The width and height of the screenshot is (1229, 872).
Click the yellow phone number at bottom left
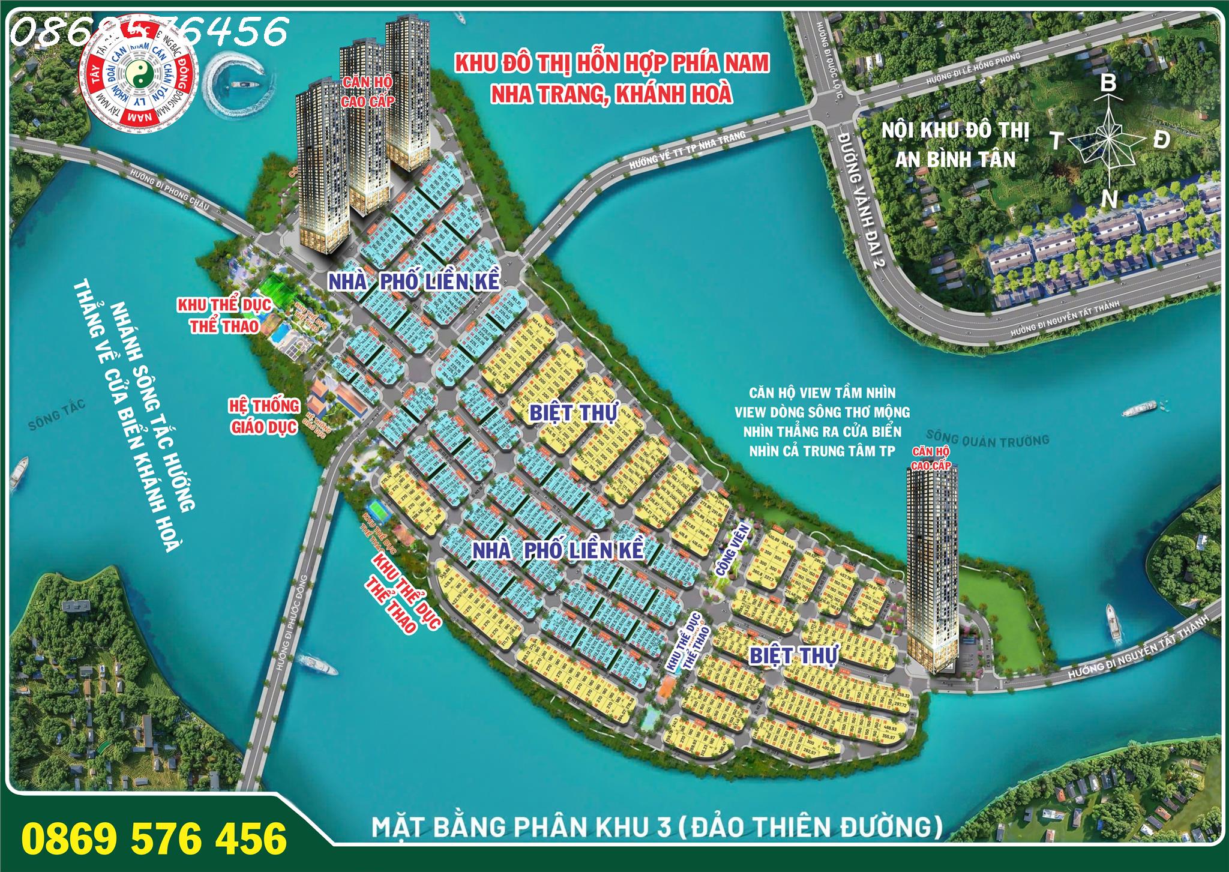154,838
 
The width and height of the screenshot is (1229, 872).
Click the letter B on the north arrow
1107,83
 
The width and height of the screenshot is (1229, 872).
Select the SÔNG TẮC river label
57,414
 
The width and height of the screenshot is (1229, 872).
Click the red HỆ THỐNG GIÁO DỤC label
264,416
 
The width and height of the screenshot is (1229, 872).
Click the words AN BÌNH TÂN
955,160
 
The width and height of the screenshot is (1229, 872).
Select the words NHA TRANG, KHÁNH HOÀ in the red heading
611,94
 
